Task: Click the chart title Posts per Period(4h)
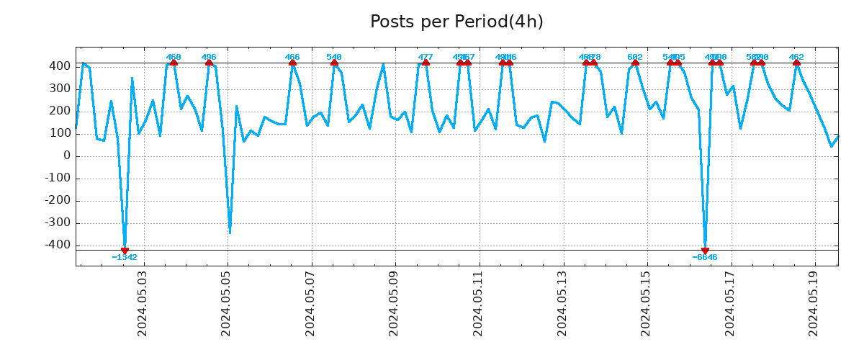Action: (x=456, y=22)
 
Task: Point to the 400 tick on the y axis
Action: (x=60, y=66)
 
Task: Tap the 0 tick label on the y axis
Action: (x=66, y=156)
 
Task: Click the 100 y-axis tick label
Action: (x=60, y=133)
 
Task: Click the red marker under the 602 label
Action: (x=635, y=63)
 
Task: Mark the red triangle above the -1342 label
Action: (x=125, y=251)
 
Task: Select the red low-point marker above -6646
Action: (x=705, y=251)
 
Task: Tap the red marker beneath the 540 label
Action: (x=334, y=63)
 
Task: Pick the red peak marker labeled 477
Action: (x=426, y=63)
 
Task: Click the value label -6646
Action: (x=705, y=258)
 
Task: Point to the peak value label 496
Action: (x=209, y=57)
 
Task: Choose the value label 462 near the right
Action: (x=796, y=57)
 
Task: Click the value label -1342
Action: (x=125, y=258)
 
